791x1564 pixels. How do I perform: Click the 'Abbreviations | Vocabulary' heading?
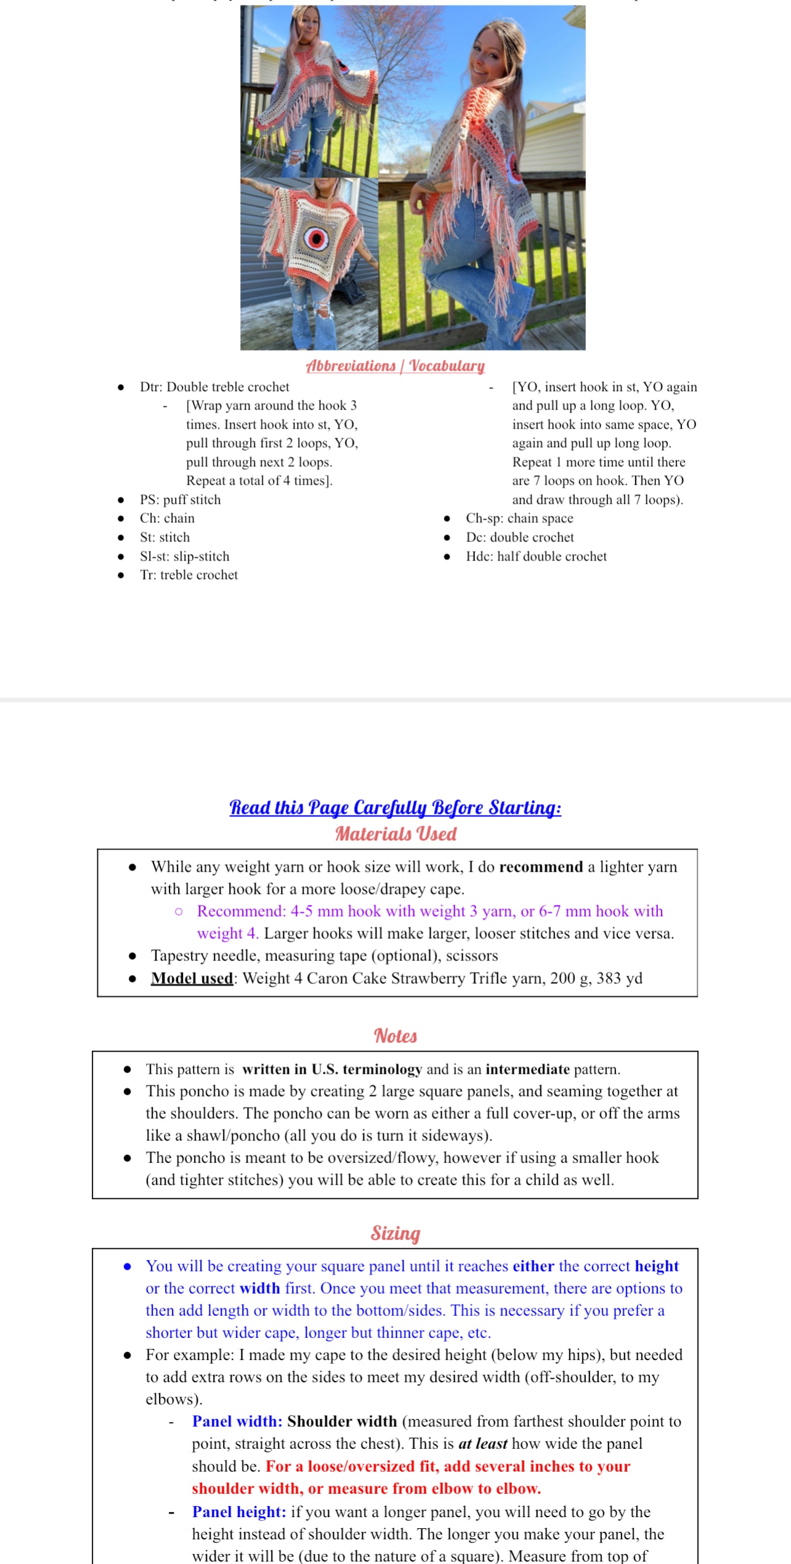395,366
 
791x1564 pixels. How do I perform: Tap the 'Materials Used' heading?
395,833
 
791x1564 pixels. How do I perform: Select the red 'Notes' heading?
395,1036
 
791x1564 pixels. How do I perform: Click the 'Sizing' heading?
395,1233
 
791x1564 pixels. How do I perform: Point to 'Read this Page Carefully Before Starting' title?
395,807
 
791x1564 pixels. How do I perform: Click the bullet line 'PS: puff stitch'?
180,500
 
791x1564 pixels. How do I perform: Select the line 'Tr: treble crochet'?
189,575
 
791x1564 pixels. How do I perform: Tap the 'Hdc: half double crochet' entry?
536,556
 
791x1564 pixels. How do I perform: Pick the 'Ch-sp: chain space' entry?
519,518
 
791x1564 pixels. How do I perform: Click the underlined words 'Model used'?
192,978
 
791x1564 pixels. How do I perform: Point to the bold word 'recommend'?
541,867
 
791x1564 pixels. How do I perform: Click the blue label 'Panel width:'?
237,1421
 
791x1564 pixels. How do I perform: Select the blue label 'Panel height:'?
239,1512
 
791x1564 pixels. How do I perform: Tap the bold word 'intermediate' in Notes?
527,1069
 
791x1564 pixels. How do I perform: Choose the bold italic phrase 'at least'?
483,1443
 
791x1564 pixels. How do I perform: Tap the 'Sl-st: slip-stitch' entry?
184,556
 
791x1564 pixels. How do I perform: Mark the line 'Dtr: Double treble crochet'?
214,387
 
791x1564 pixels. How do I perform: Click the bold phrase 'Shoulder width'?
342,1421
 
